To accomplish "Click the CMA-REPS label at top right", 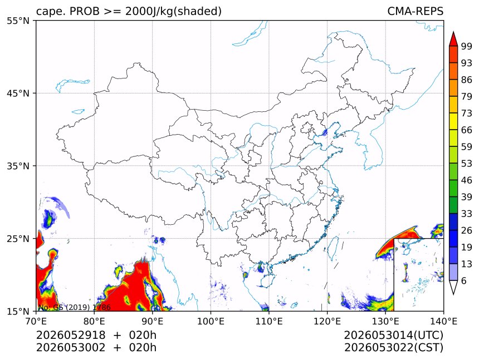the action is point(415,11).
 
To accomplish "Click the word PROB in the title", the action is point(85,11).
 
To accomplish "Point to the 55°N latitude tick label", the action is point(18,21).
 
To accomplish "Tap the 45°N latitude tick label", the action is point(18,93).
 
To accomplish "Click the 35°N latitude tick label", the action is point(18,166).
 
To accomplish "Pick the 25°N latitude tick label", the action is point(18,239).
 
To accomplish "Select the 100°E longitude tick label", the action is point(211,321).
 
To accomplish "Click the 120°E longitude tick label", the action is point(327,321).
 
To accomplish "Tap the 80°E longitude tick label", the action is point(94,321).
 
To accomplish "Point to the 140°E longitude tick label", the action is point(443,321).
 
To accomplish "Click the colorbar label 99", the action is point(467,46).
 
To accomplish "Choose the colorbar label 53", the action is point(467,164).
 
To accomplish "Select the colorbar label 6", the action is point(464,280).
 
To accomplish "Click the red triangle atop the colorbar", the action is point(453,40).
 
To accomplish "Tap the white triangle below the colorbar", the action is point(453,286).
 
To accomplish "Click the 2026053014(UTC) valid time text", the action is point(393,336).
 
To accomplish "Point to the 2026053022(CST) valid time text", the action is point(393,348).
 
